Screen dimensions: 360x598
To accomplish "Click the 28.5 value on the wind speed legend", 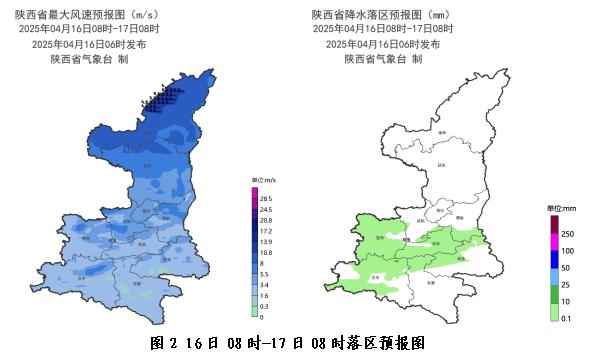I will (266, 199).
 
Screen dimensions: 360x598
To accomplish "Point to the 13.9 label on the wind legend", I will (266, 242).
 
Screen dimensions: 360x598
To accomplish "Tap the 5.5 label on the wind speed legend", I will (266, 274).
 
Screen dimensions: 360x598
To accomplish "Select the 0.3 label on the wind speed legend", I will (266, 306).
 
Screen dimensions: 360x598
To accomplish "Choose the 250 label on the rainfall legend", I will (567, 233).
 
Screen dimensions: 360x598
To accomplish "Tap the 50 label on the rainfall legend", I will (566, 268).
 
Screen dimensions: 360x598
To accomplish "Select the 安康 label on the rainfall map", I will (431, 283).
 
